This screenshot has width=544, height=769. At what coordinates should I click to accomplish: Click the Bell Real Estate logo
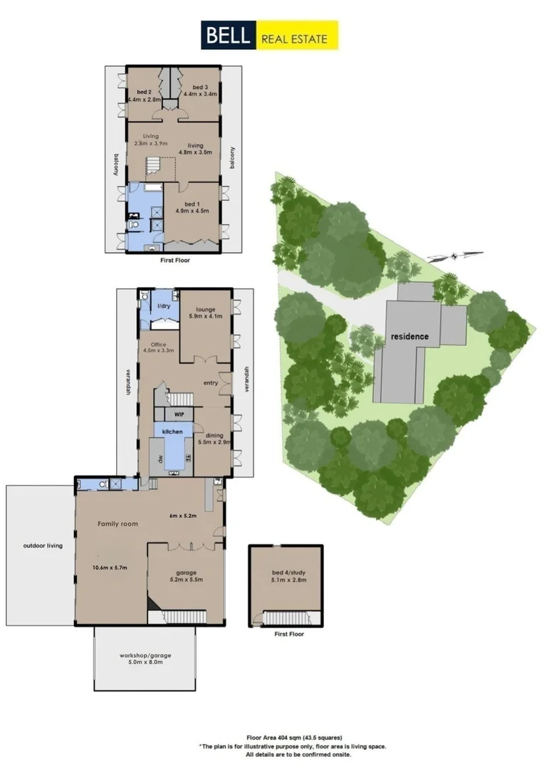coord(269,36)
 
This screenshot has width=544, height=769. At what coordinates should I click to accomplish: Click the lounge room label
coord(204,309)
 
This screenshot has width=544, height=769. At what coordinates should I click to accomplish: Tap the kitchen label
coord(172,432)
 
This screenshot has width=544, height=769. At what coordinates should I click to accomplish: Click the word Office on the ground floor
coord(158,345)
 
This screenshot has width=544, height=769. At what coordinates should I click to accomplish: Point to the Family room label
coord(117,523)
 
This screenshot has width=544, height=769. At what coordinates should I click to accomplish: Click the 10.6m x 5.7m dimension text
coord(109,567)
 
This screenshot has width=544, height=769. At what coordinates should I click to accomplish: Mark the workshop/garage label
coord(145,655)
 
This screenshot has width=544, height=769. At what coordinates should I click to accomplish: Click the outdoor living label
coord(43,546)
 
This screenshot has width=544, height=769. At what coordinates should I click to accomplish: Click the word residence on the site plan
coord(409,335)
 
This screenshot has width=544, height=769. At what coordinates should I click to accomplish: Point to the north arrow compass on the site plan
coord(455,255)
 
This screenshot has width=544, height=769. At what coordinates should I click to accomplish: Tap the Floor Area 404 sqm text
coord(293,737)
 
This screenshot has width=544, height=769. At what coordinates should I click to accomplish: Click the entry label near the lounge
coord(211,383)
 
